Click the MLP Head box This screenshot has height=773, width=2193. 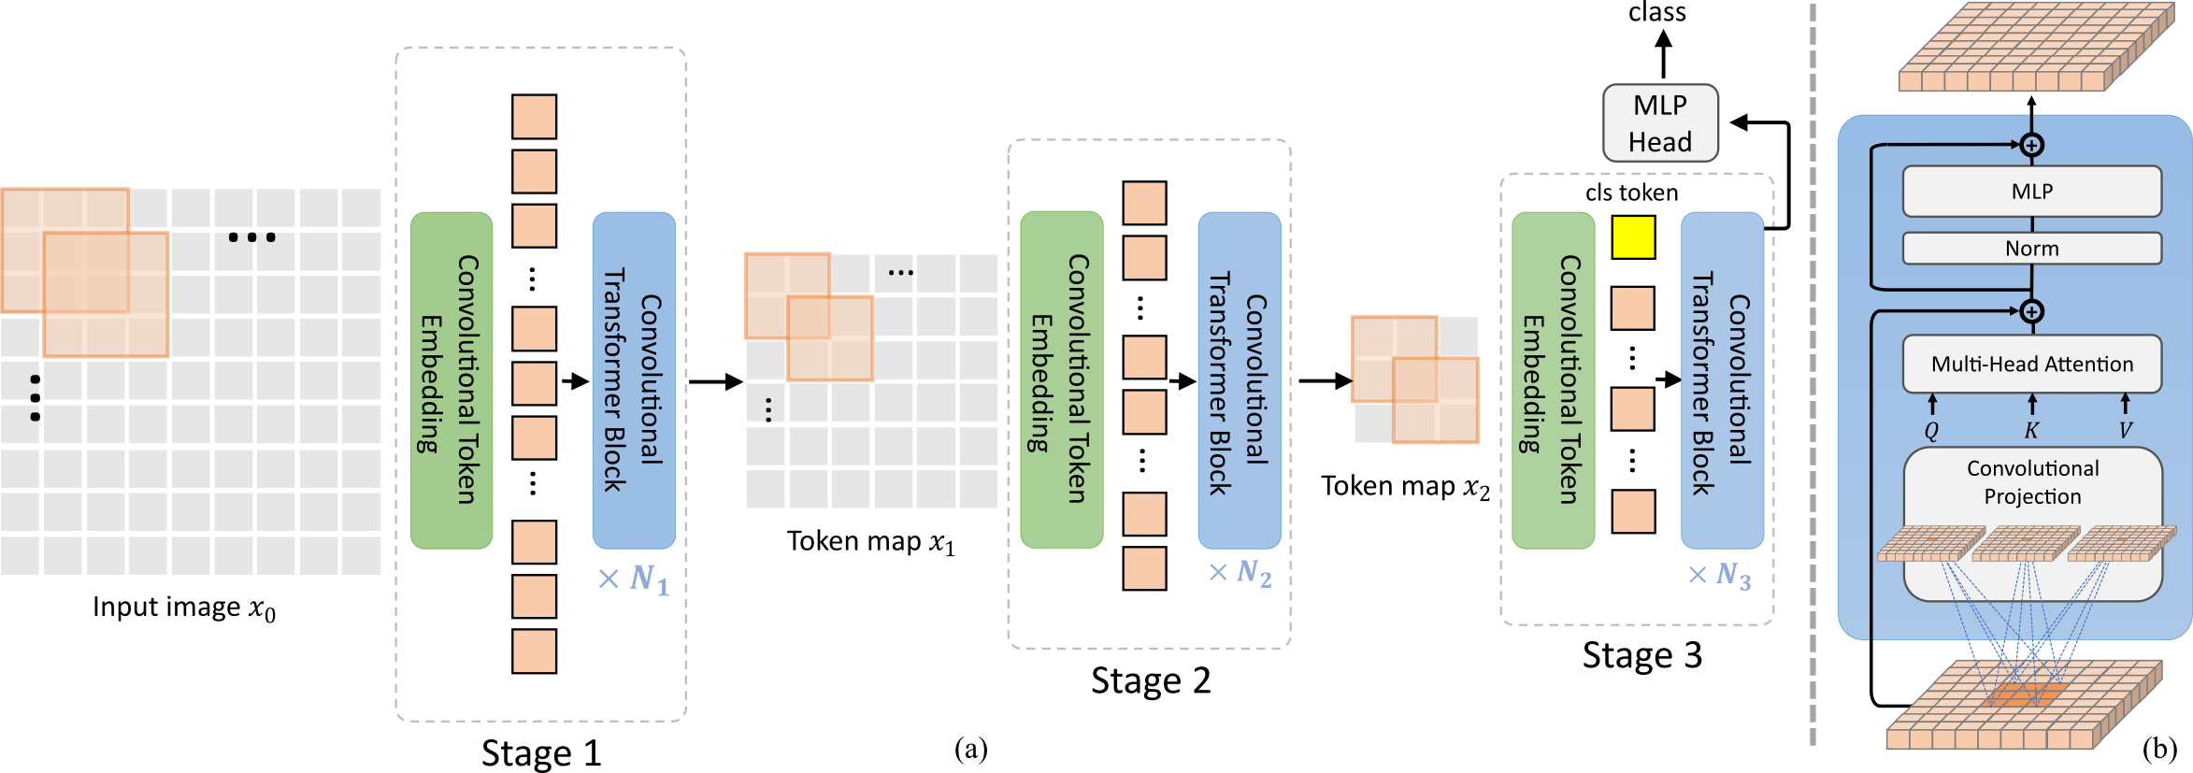1660,123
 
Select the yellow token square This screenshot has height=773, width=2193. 1633,237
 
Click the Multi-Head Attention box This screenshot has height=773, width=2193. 2031,364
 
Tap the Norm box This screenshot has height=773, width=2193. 2031,249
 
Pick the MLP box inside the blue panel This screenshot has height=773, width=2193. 2031,192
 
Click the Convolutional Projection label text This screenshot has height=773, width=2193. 2032,482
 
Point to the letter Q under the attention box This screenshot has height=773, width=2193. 1931,431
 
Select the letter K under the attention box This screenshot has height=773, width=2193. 2031,431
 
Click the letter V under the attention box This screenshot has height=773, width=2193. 2126,431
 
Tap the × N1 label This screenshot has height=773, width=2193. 635,580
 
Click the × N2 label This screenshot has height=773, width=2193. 1240,572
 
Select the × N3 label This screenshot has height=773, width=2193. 1720,575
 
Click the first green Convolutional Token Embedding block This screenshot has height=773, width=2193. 451,379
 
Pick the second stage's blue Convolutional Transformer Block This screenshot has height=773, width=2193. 1239,379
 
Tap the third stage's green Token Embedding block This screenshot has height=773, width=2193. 1553,379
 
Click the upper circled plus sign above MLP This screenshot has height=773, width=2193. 2031,145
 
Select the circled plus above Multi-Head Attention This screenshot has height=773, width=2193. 2031,311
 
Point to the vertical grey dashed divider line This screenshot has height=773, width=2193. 1813,374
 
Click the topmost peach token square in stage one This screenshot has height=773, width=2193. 534,117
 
